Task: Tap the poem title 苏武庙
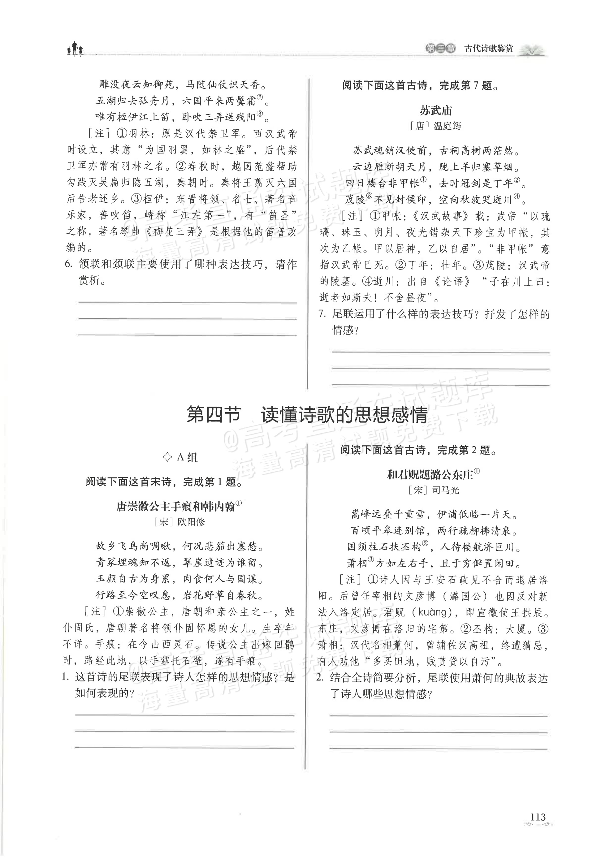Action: pos(435,110)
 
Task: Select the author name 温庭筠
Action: pos(447,126)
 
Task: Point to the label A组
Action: pos(180,458)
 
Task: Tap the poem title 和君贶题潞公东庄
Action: pos(430,474)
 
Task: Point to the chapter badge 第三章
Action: pos(440,49)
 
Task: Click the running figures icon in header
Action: pos(75,49)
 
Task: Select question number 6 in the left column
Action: pos(68,264)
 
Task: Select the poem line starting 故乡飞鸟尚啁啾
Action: pos(179,546)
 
